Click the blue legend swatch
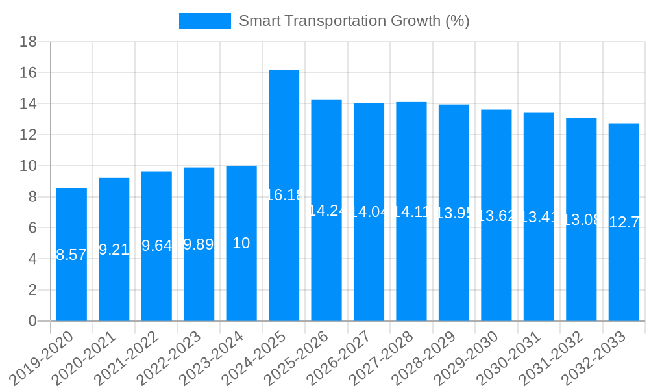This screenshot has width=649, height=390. tap(204, 21)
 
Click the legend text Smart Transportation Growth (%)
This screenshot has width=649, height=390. tap(354, 21)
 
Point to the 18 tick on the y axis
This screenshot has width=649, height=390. tap(28, 42)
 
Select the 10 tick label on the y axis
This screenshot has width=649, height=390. tap(28, 166)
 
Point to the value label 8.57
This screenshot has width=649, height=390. tap(71, 255)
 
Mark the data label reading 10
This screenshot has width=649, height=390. tap(241, 243)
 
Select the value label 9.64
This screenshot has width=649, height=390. tap(156, 246)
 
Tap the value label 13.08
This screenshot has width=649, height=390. tap(582, 220)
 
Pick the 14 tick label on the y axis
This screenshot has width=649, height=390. tap(28, 104)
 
